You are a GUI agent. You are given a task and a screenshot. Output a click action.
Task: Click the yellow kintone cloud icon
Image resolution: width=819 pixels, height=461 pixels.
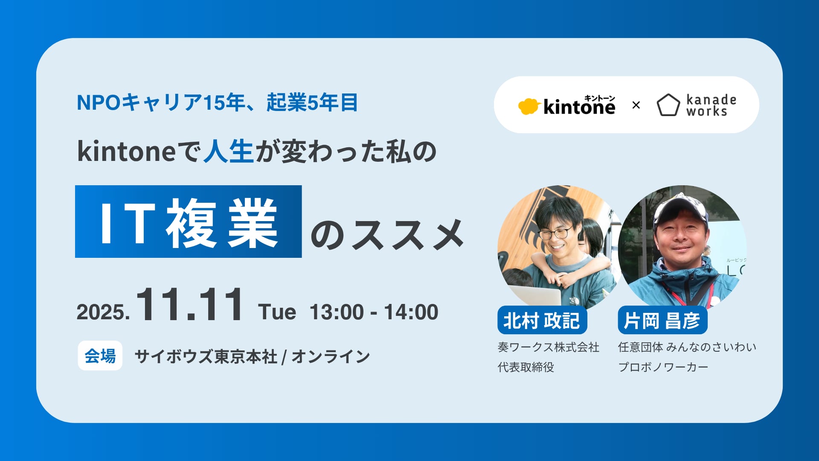coord(529,106)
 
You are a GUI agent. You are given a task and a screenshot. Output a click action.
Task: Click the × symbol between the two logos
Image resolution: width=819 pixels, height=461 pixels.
coord(636,105)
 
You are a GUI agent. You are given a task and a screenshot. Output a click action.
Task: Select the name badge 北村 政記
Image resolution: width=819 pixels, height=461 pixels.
coord(542,320)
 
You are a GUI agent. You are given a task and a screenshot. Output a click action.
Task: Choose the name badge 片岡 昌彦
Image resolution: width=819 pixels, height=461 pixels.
coord(662,320)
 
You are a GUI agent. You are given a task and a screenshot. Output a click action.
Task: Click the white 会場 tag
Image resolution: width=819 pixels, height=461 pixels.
coord(100,356)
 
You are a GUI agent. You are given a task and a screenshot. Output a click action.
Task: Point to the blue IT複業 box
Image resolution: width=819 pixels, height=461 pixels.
coord(188,222)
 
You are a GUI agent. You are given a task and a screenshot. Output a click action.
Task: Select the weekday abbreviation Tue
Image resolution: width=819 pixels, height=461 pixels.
coord(277,312)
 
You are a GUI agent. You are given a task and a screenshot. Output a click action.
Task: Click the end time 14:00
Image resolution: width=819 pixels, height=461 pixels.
coord(411,312)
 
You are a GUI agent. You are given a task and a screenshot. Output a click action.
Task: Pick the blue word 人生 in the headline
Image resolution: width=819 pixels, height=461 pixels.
coord(229,152)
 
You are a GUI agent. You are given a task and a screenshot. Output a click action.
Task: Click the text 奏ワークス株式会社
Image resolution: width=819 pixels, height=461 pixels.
coord(548,347)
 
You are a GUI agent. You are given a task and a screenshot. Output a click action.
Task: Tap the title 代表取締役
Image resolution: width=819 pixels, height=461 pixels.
coord(526,367)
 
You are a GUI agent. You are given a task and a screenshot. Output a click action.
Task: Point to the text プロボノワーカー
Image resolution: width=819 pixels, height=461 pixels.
coord(663,367)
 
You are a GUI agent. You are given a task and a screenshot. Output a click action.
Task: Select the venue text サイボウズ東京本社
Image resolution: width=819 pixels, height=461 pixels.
coord(206,356)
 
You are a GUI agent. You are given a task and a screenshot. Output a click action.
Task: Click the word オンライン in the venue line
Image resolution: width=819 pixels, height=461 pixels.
coord(331,356)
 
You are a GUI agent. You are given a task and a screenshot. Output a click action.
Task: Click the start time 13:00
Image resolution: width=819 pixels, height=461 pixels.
coord(337,312)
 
